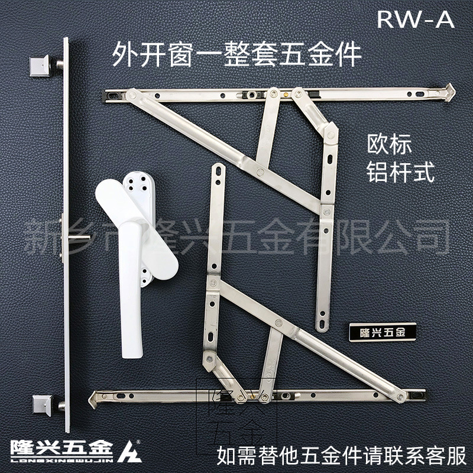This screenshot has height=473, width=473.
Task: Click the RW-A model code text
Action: point(416,20)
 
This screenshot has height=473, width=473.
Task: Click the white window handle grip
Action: point(131,278)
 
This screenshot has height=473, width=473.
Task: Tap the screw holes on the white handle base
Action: point(142,182)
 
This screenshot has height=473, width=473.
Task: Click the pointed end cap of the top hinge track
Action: point(451,90)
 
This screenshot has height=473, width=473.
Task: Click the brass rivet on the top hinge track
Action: point(289,93)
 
